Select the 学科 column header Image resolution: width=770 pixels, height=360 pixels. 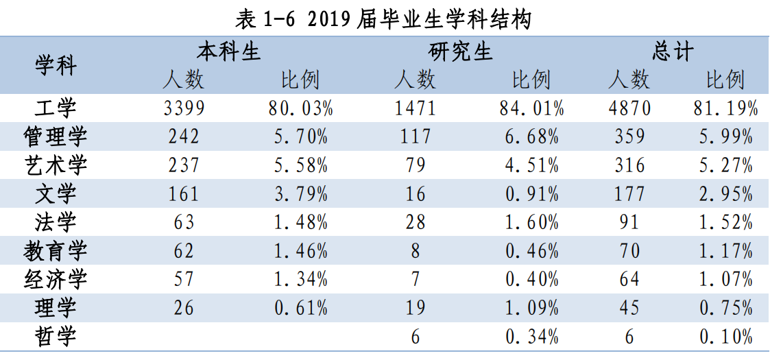pyautogui.click(x=56, y=66)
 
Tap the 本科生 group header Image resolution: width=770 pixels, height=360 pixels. pyautogui.click(x=229, y=51)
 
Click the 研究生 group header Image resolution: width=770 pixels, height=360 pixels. pyautogui.click(x=461, y=51)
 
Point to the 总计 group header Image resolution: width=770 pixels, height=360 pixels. pyautogui.click(x=673, y=51)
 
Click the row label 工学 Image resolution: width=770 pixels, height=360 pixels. pyautogui.click(x=56, y=108)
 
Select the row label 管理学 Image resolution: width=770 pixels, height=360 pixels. pyautogui.click(x=56, y=137)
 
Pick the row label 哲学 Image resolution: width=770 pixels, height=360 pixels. pyautogui.click(x=56, y=337)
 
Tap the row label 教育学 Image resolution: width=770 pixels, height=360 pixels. pyautogui.click(x=56, y=251)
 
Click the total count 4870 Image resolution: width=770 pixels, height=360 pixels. pyautogui.click(x=629, y=108)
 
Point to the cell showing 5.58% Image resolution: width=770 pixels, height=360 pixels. pyautogui.click(x=300, y=165)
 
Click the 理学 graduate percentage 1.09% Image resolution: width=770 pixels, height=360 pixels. pyautogui.click(x=532, y=308)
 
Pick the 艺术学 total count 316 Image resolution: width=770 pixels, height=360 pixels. pyautogui.click(x=629, y=165)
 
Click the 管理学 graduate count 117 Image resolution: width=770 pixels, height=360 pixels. pyautogui.click(x=416, y=137)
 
